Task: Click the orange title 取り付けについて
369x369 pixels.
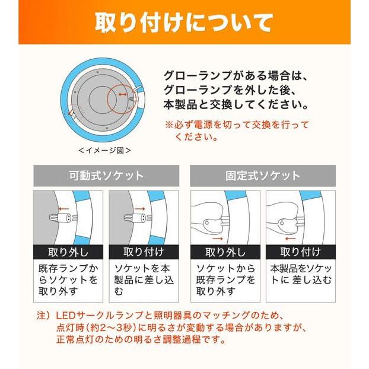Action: [x=184, y=23]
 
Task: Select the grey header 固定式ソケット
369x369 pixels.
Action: [x=263, y=176]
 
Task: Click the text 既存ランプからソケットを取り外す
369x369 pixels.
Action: [x=68, y=279]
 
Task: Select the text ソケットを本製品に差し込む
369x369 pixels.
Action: [x=143, y=279]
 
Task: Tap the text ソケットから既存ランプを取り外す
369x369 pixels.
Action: [x=225, y=279]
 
